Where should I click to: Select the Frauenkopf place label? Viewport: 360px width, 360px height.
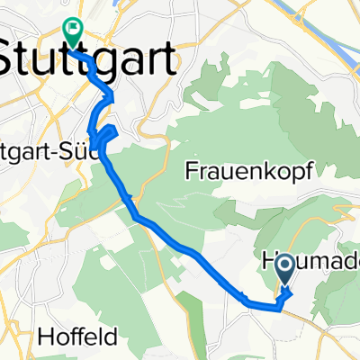click(x=242, y=169)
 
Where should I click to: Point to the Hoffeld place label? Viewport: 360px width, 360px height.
click(x=76, y=339)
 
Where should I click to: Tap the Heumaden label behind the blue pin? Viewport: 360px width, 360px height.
click(x=310, y=262)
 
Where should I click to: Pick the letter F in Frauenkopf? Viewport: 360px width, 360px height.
click(x=191, y=169)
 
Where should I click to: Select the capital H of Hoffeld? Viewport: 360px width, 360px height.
click(x=46, y=339)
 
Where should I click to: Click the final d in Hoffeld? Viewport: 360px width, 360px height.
click(x=108, y=339)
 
